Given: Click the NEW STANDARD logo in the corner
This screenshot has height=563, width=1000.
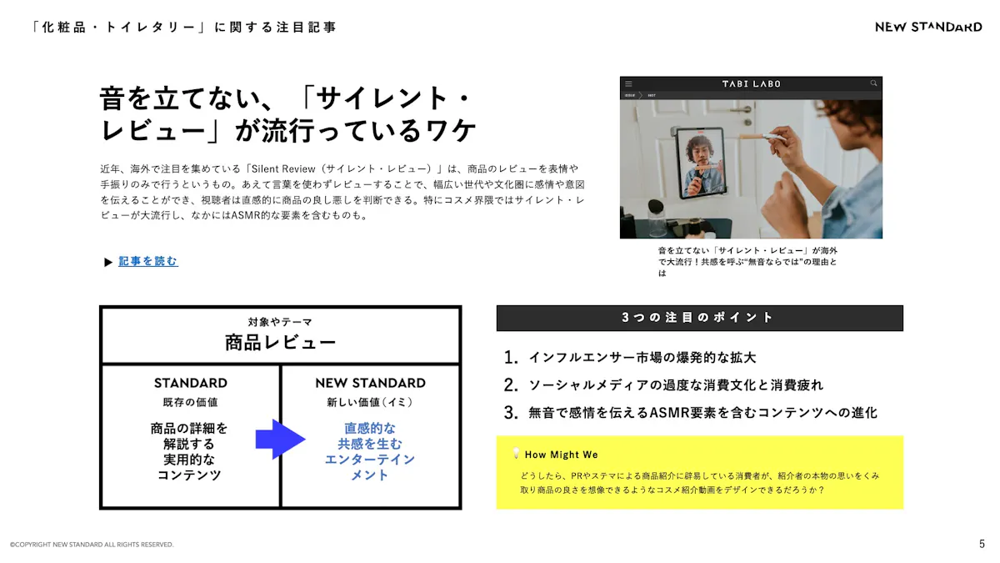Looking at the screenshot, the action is click(x=928, y=28).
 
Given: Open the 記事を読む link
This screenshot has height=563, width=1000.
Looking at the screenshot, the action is click(x=147, y=261).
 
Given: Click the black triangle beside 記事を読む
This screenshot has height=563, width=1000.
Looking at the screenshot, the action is click(x=108, y=262).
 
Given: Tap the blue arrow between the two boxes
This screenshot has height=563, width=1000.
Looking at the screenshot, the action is click(x=280, y=439).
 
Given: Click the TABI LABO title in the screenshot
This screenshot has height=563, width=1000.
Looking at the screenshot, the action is click(x=752, y=83).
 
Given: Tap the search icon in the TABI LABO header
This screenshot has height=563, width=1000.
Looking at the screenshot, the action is click(x=873, y=83).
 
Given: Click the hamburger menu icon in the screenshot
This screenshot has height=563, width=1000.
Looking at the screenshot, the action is click(x=628, y=83).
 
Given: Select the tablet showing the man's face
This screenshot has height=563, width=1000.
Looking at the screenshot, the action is click(x=700, y=163).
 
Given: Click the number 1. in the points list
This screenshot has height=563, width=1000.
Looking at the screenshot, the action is click(x=511, y=358).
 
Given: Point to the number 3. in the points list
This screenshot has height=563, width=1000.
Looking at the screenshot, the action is click(x=511, y=412).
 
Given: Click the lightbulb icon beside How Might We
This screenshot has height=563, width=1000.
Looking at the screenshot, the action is click(x=516, y=453).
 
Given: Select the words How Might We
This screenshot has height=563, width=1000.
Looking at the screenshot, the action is click(x=561, y=455).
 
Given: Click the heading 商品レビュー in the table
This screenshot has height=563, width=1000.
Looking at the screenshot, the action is click(x=280, y=343).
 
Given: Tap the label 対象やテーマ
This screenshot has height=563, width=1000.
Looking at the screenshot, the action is click(x=280, y=322).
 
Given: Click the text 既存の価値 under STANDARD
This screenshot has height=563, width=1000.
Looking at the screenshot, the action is click(x=190, y=402).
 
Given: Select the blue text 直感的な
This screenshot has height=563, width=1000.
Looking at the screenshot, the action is click(x=370, y=428).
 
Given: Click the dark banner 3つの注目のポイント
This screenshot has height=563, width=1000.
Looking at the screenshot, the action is click(x=699, y=318).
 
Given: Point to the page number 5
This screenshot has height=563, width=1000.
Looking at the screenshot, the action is click(x=982, y=544).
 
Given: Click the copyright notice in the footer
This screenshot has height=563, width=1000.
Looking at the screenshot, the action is click(x=92, y=544).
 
